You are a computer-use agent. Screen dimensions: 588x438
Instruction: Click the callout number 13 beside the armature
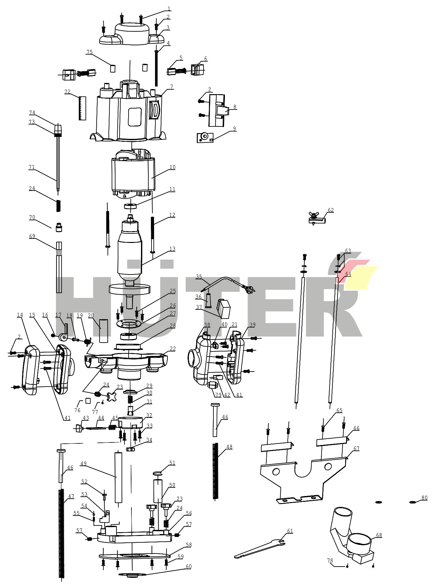coord(172,249)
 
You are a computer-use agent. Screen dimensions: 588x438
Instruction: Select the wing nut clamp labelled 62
coord(316,219)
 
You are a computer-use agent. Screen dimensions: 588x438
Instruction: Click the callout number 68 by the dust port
coord(379,535)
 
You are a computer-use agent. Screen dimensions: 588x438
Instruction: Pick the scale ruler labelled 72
coord(82,108)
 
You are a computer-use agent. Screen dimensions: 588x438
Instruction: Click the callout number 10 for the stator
coord(172,167)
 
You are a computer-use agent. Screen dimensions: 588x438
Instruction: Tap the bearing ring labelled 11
coord(130,206)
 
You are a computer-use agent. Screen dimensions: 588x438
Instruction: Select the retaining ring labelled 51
coord(158,473)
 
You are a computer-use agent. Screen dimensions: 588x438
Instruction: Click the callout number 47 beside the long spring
coord(71,496)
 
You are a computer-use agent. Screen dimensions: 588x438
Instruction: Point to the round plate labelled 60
coord(132,575)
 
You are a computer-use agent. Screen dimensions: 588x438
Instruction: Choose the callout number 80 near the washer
coord(424,498)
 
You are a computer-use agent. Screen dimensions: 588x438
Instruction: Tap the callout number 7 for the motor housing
coord(172,87)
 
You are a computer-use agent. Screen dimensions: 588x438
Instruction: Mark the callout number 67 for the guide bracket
coord(356,449)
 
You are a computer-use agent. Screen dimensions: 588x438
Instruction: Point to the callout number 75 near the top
coord(89,52)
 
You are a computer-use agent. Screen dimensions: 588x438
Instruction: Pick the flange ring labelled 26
coord(129,324)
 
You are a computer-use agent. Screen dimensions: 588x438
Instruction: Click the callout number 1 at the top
coord(169,9)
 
